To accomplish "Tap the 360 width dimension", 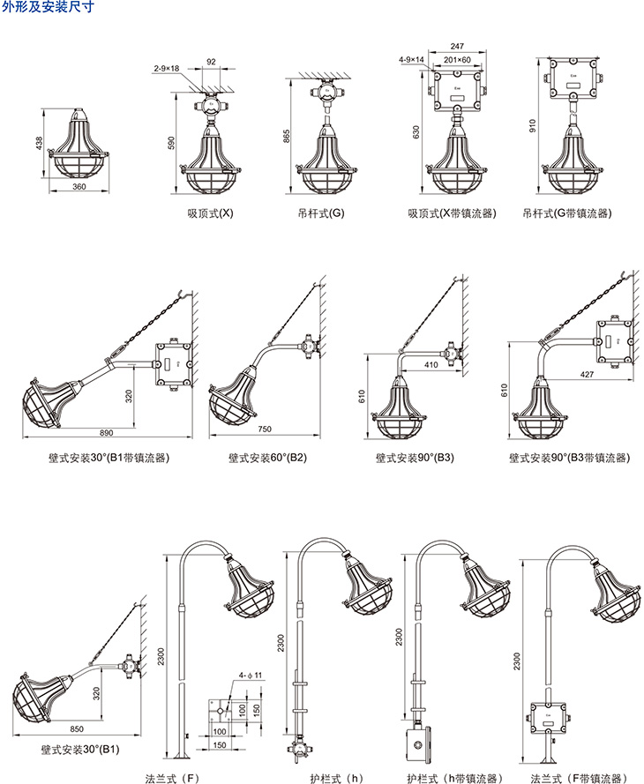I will [x=79, y=187].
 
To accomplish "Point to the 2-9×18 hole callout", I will [x=166, y=67].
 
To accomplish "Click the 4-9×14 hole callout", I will [x=412, y=59].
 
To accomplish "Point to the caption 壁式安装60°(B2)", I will [x=268, y=458].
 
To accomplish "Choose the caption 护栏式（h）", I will [x=336, y=778].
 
